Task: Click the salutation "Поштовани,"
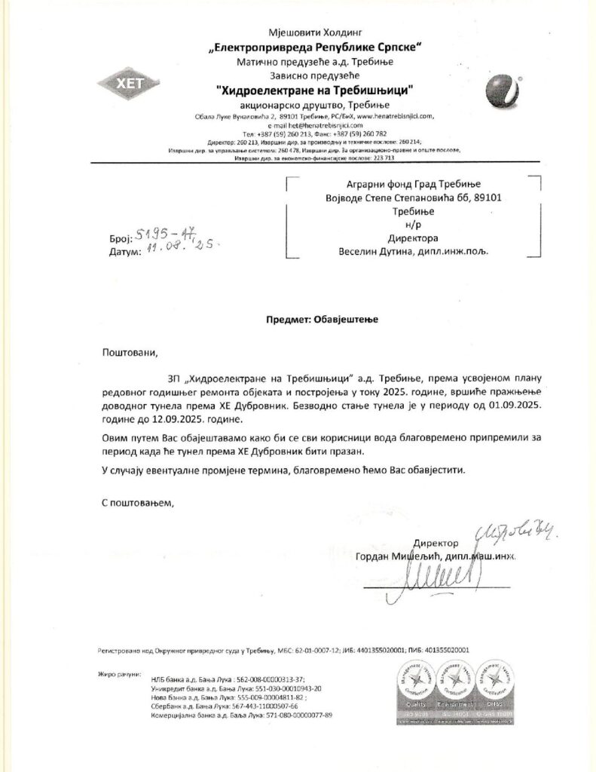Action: (130, 352)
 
